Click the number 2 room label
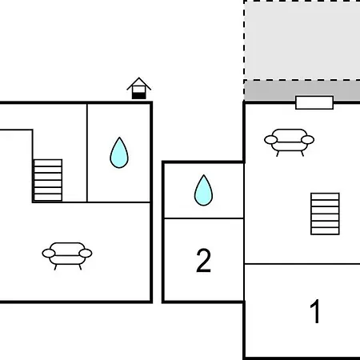click(203, 260)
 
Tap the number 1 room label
click(315, 311)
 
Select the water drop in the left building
click(119, 153)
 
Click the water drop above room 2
click(203, 190)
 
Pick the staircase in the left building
click(48, 180)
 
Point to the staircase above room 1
click(325, 214)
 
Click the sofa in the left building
click(67, 255)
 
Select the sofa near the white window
click(290, 142)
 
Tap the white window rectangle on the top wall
click(314, 102)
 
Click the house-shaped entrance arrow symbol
click(139, 89)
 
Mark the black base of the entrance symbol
click(139, 96)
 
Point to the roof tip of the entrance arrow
click(139, 78)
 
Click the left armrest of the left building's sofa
click(49, 254)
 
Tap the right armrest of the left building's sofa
click(86, 254)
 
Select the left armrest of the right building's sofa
click(271, 139)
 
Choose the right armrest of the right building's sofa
click(308, 139)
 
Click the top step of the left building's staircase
click(48, 162)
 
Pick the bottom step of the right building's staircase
click(325, 231)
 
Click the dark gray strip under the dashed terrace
click(302, 90)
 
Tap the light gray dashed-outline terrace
click(302, 40)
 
